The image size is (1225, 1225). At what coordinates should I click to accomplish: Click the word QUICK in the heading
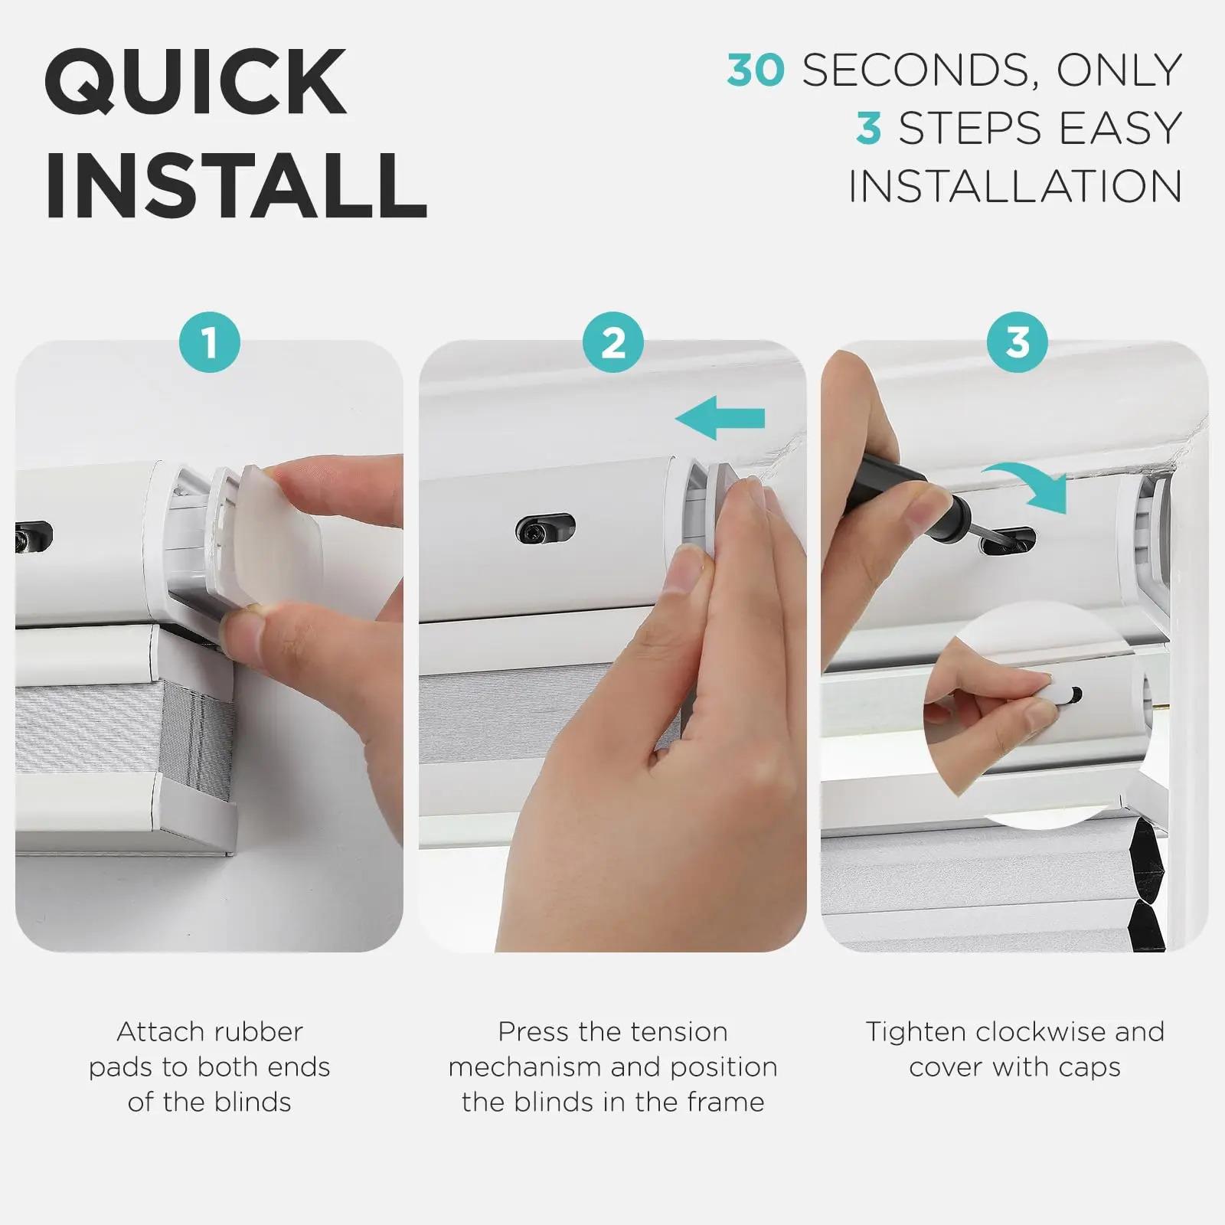(195, 82)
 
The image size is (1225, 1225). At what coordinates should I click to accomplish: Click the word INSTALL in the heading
(236, 186)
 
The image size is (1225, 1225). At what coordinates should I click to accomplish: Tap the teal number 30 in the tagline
(756, 70)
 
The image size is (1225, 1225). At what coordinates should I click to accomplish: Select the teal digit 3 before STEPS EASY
(868, 128)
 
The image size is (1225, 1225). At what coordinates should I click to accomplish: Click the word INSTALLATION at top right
(1015, 186)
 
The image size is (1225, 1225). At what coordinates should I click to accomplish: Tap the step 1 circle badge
(209, 342)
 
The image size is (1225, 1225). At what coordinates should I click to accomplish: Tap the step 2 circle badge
(612, 342)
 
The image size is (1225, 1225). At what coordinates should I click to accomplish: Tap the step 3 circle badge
(1017, 342)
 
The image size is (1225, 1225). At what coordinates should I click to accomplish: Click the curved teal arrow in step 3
(1030, 484)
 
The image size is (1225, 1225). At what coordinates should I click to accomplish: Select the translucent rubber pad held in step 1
(279, 536)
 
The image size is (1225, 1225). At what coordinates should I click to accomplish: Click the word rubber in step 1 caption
(258, 1032)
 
